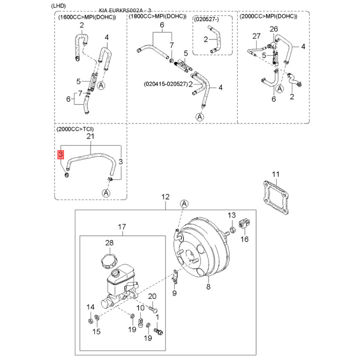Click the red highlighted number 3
click(x=60, y=154)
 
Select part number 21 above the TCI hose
click(x=90, y=136)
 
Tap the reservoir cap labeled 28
click(x=109, y=261)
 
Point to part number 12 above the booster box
click(x=165, y=197)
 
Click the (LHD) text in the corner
click(x=58, y=6)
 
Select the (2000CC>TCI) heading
click(x=75, y=129)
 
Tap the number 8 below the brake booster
click(x=208, y=287)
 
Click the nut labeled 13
click(x=232, y=229)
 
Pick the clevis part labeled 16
click(x=244, y=224)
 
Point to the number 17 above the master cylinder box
click(x=122, y=227)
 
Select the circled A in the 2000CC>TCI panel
click(x=106, y=193)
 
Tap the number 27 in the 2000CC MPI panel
click(x=256, y=36)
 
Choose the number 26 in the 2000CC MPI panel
click(x=274, y=29)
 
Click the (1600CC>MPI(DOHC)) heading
click(x=87, y=18)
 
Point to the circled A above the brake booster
click(x=184, y=204)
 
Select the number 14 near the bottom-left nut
click(x=90, y=307)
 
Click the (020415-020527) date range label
click(x=166, y=84)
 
